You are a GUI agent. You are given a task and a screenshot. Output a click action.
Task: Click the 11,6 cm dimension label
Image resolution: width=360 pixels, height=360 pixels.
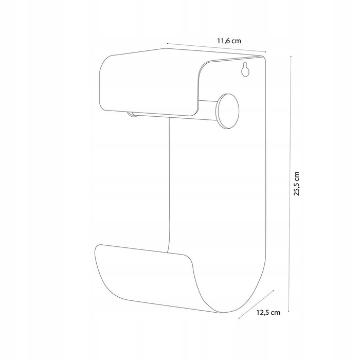229,41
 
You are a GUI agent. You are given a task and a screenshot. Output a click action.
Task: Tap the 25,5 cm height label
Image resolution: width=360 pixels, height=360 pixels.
297,184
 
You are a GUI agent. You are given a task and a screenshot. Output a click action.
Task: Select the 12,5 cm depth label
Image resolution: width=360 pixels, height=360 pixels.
268,313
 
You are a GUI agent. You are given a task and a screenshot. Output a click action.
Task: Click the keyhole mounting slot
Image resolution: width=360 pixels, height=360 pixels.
245,69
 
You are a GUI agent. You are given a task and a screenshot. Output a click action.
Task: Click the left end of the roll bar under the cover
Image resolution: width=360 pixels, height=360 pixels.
132,114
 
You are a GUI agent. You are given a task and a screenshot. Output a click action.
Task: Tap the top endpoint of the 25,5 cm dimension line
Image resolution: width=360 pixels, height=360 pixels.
291,56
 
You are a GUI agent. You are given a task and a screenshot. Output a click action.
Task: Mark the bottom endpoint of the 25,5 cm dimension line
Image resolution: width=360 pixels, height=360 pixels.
289,311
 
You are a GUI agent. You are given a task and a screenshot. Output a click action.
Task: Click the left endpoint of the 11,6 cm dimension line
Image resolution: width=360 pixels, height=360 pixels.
167,43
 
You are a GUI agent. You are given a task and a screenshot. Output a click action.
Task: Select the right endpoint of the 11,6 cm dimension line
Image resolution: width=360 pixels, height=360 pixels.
266,52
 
